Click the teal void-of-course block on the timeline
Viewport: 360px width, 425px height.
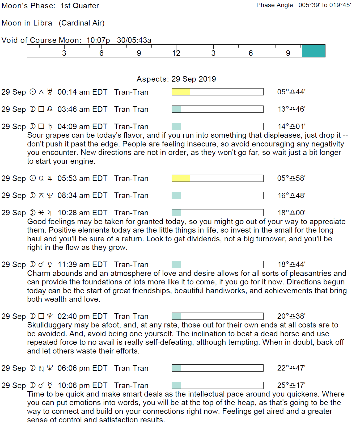point(313,51)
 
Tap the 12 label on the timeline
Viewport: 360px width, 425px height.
point(176,53)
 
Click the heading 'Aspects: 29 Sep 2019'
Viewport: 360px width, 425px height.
point(176,79)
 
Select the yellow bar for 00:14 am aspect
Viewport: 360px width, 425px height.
point(181,92)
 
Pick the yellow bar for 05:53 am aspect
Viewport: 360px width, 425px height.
point(181,178)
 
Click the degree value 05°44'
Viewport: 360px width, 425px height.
point(291,92)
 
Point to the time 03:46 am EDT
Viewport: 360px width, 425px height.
point(82,109)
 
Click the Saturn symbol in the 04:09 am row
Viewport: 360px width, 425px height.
point(50,127)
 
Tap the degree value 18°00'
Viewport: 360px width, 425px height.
point(291,213)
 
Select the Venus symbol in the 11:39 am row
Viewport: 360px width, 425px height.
point(50,264)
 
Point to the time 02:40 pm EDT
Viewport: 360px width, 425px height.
point(82,316)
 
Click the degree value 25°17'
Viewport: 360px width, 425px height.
point(291,385)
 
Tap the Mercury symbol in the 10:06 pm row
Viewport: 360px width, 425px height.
point(50,385)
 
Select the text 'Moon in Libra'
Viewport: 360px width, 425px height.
point(27,23)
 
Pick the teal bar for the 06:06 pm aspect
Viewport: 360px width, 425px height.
point(176,368)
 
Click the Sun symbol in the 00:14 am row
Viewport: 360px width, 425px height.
point(32,92)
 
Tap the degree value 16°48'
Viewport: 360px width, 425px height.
point(291,195)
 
